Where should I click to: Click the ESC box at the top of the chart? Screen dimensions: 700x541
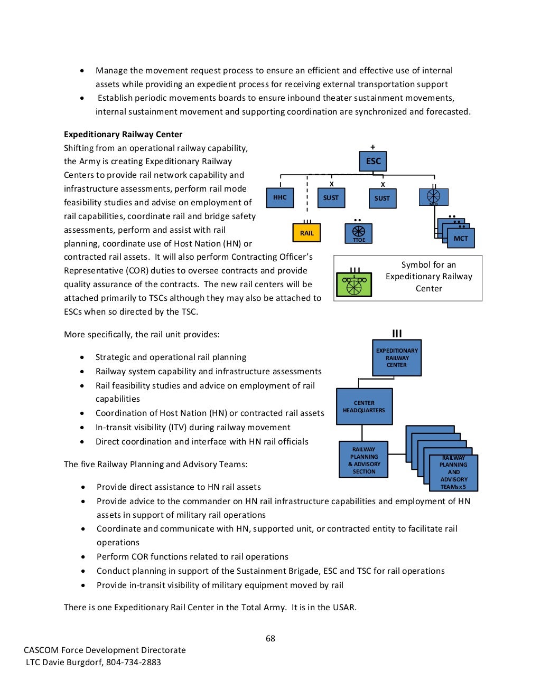(x=373, y=161)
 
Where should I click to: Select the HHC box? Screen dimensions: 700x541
(x=279, y=197)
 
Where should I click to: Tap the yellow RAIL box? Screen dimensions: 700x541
(x=306, y=233)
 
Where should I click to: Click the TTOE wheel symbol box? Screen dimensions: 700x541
(x=358, y=233)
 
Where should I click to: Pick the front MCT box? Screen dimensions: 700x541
(x=461, y=238)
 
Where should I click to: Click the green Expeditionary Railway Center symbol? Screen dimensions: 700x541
(x=354, y=284)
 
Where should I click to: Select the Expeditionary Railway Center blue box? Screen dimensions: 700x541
(x=397, y=357)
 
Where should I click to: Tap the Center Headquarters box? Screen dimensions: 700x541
(x=364, y=406)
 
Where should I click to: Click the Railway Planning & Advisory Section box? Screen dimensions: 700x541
(x=363, y=460)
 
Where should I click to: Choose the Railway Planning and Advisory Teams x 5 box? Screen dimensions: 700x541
(x=453, y=472)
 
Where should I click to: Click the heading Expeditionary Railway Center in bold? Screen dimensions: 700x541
(x=123, y=134)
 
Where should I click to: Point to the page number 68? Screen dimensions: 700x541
(x=270, y=638)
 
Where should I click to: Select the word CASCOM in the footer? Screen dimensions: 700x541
(x=41, y=650)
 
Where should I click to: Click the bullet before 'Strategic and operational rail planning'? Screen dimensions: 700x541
(x=82, y=357)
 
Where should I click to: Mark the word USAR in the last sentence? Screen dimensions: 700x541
(x=343, y=607)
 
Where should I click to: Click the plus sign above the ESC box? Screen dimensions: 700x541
(x=373, y=147)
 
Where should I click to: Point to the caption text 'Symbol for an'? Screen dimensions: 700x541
(x=428, y=264)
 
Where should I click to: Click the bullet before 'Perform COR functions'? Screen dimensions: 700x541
(x=83, y=557)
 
